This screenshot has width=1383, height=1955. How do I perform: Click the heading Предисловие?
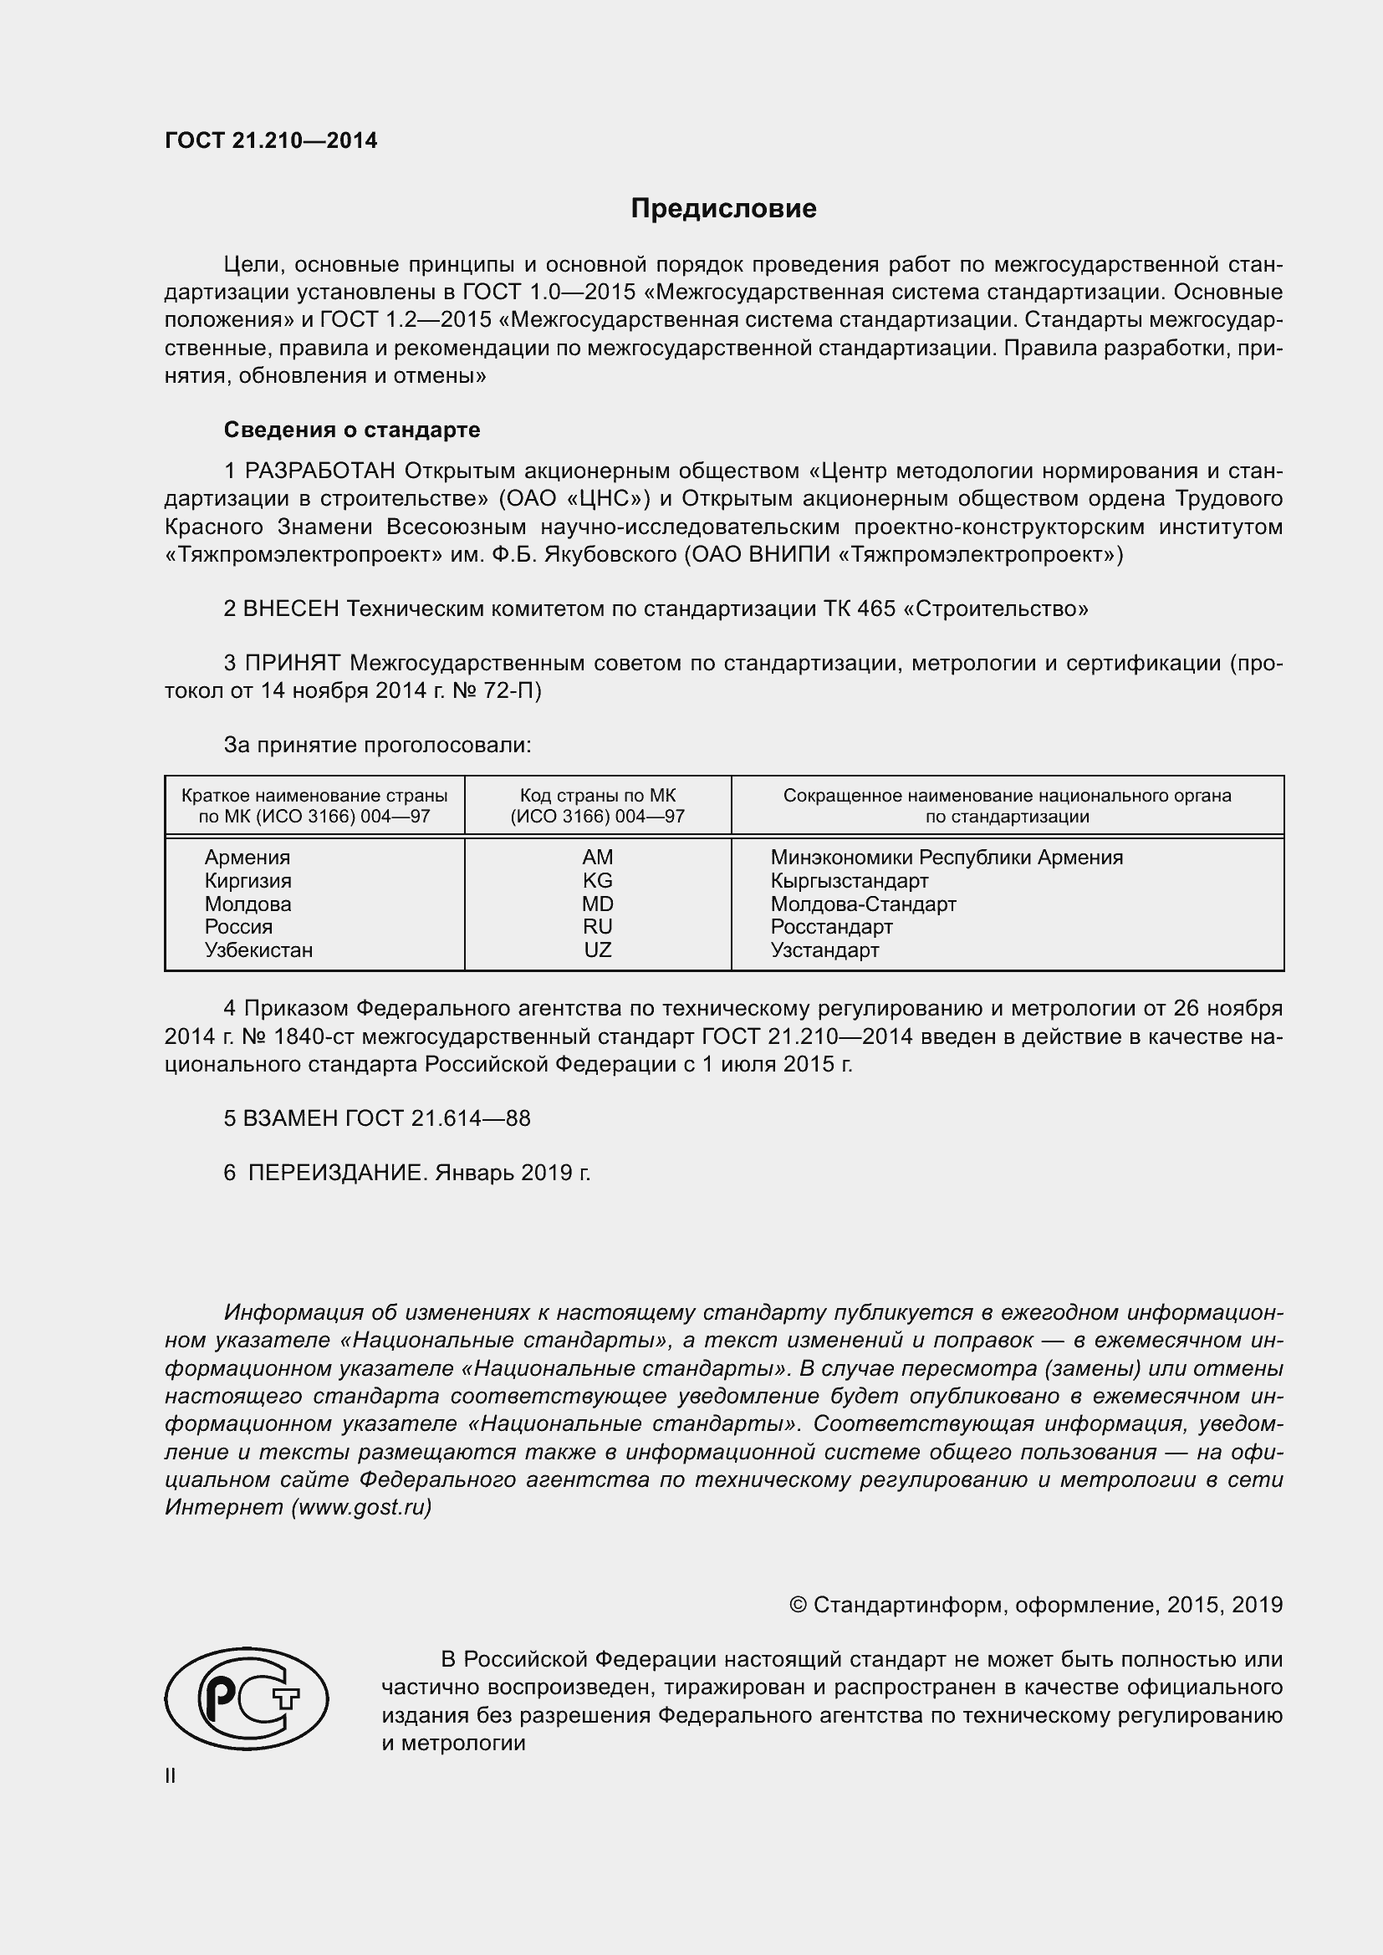723,209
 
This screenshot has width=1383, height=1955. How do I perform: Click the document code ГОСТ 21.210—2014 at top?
271,141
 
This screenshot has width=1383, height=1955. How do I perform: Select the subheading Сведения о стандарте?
352,430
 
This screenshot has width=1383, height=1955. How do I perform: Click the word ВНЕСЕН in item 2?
290,608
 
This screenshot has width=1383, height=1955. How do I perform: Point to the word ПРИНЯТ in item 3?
292,663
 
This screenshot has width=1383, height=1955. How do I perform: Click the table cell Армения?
247,858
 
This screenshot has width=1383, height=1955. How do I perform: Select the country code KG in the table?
597,880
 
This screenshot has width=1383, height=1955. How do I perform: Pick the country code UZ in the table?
597,950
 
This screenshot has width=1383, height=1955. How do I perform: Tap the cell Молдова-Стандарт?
863,904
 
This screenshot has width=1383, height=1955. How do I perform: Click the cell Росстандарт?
831,927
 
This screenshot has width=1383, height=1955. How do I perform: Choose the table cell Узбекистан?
258,950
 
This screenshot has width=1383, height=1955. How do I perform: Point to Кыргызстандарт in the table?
849,880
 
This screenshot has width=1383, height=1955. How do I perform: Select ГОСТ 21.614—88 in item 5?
436,1119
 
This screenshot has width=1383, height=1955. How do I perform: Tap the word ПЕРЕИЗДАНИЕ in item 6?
335,1174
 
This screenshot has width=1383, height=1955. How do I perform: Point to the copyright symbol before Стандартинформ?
798,1605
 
